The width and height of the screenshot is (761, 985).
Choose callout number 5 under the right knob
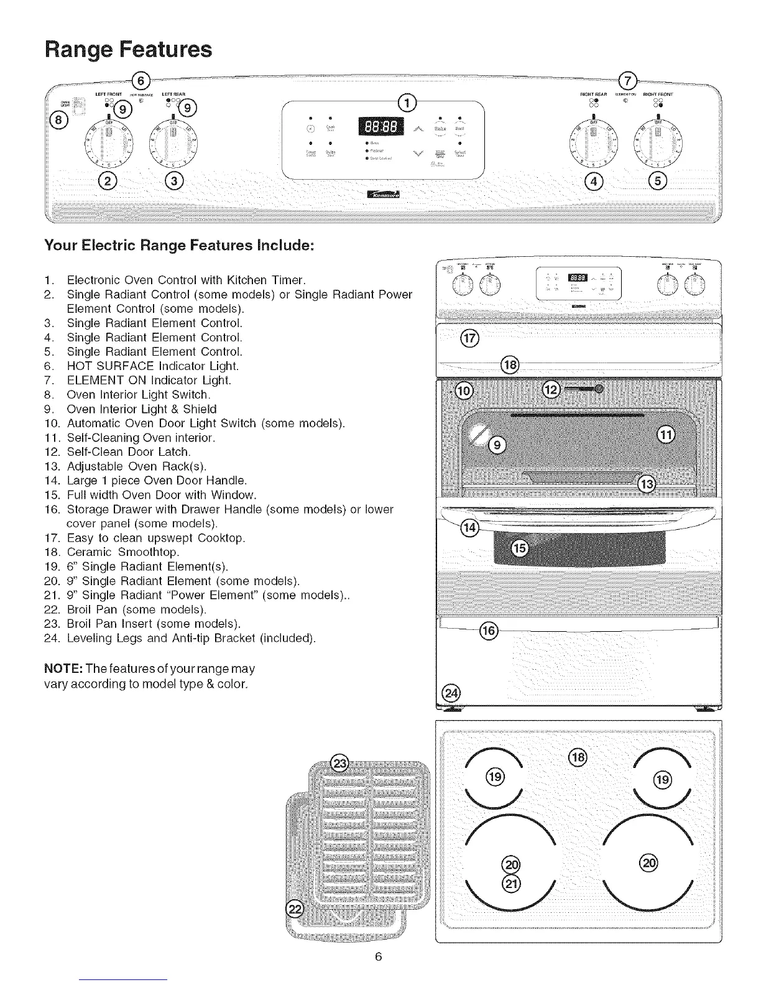(x=657, y=181)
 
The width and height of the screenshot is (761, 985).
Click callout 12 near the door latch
(x=551, y=390)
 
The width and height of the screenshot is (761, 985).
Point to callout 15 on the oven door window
(x=519, y=548)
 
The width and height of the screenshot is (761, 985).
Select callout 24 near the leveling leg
(x=450, y=693)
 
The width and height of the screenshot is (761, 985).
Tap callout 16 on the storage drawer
(x=488, y=631)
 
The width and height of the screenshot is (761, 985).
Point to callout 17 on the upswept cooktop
(x=467, y=338)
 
